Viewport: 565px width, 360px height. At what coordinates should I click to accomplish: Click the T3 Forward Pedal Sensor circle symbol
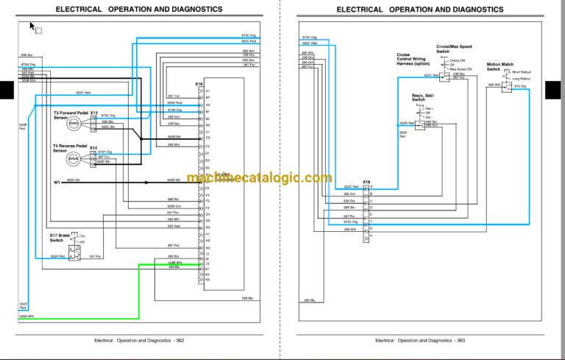click(x=74, y=126)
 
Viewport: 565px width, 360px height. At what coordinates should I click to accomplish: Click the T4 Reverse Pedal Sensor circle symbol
click(x=74, y=158)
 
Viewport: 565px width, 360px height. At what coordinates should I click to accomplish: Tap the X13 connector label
click(x=93, y=113)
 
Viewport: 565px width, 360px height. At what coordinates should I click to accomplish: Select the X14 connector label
click(x=93, y=147)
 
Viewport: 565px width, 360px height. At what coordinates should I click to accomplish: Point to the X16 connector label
click(x=199, y=84)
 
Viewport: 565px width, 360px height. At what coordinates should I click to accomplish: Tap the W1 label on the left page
click(x=57, y=181)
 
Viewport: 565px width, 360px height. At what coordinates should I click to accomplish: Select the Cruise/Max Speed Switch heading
click(x=452, y=48)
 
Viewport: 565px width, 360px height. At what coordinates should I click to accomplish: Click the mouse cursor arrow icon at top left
click(x=32, y=27)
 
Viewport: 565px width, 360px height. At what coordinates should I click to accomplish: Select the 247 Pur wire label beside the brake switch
click(x=94, y=255)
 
